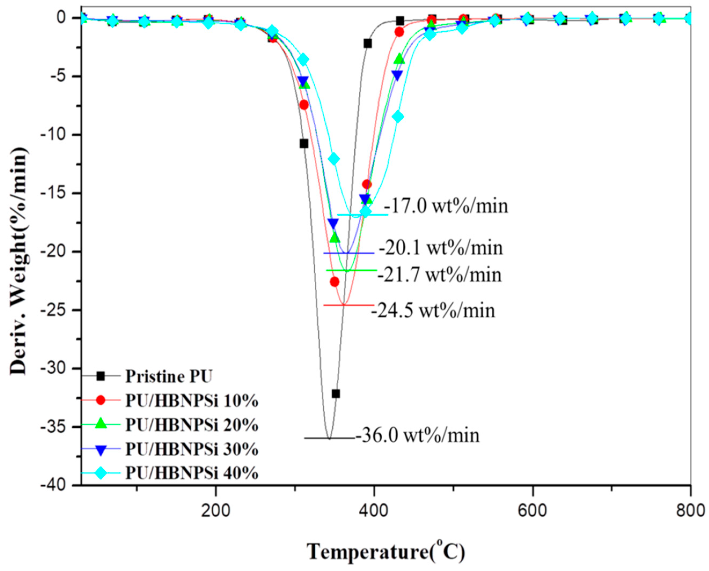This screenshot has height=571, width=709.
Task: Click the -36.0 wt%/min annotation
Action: tap(417, 436)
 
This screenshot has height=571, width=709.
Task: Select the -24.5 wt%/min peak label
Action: tap(433, 311)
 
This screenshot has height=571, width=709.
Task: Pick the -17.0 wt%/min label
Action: tap(446, 207)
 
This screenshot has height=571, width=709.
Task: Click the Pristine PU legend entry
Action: tap(168, 377)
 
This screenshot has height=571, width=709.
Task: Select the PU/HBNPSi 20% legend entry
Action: tap(191, 425)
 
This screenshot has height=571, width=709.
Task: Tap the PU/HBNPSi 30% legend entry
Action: tap(191, 450)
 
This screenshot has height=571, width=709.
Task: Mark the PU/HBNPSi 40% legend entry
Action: tap(191, 474)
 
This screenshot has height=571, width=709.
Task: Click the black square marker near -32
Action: tap(336, 394)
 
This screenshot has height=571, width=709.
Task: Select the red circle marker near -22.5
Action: tap(334, 282)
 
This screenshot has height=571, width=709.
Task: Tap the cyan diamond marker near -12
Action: tap(334, 159)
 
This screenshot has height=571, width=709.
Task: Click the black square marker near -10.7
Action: tap(304, 144)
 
